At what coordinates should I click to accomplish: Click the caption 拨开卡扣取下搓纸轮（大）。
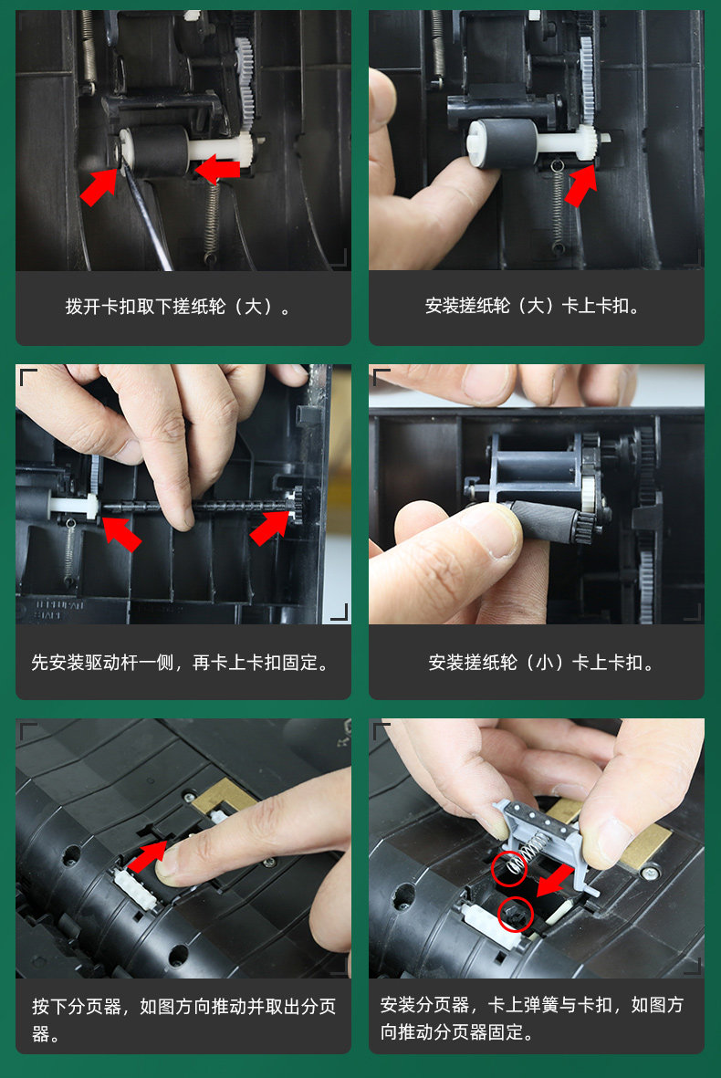click(179, 306)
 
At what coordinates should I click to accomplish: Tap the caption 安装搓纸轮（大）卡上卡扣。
click(533, 306)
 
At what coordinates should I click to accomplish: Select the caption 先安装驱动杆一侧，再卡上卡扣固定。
click(180, 663)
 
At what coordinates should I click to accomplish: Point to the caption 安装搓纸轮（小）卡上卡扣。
click(540, 663)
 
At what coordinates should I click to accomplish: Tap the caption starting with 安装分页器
click(532, 1018)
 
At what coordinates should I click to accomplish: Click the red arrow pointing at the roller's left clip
click(99, 185)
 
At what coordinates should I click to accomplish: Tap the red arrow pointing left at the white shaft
click(217, 169)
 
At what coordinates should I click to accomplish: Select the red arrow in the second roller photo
click(580, 185)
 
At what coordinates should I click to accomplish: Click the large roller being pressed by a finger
click(503, 142)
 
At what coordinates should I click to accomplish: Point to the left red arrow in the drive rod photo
click(121, 533)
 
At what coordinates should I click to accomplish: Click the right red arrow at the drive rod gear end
click(270, 528)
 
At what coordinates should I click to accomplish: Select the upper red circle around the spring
click(509, 868)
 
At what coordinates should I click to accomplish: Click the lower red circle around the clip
click(516, 914)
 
